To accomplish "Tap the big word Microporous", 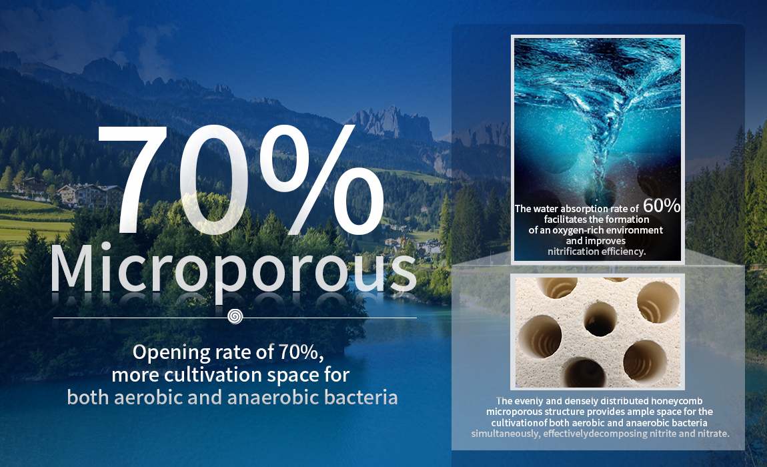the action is coord(233,270).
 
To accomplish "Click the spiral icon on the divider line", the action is coord(235,316).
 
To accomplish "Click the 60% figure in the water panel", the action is coord(662,205).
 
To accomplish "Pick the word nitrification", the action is coord(573,252).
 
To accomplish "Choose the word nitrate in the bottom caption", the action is coord(713,434).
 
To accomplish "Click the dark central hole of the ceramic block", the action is coord(600,319).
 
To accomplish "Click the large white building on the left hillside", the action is coord(91,194).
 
